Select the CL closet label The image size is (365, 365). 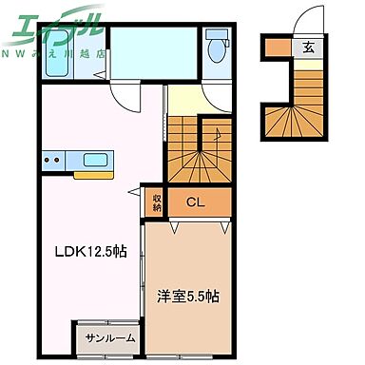coord(195,202)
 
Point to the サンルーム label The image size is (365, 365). coord(110,337)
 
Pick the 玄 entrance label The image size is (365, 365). coord(308,46)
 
